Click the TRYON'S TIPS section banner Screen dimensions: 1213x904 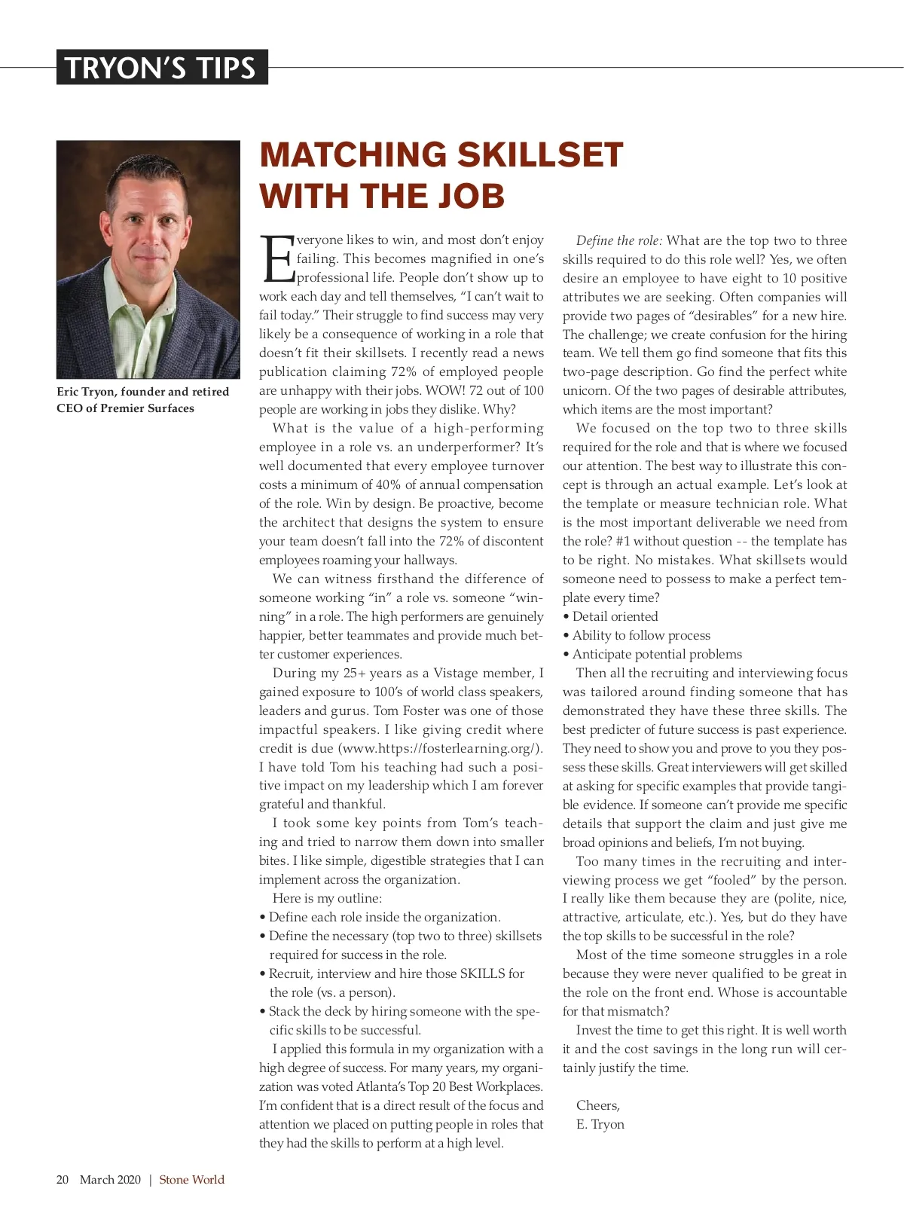161,68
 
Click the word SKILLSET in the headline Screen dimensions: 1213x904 540,155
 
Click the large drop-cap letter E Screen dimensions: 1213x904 276,259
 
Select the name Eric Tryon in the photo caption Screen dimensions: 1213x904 86,392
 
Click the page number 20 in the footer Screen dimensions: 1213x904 63,1180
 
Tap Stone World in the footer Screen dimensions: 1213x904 191,1180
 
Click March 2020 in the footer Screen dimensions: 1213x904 110,1180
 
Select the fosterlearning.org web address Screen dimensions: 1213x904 441,748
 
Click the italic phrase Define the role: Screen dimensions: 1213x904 619,240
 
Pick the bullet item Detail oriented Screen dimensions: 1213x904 615,616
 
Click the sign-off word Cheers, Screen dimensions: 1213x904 597,1105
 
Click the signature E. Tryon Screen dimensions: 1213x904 600,1124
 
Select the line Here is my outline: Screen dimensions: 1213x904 327,898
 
